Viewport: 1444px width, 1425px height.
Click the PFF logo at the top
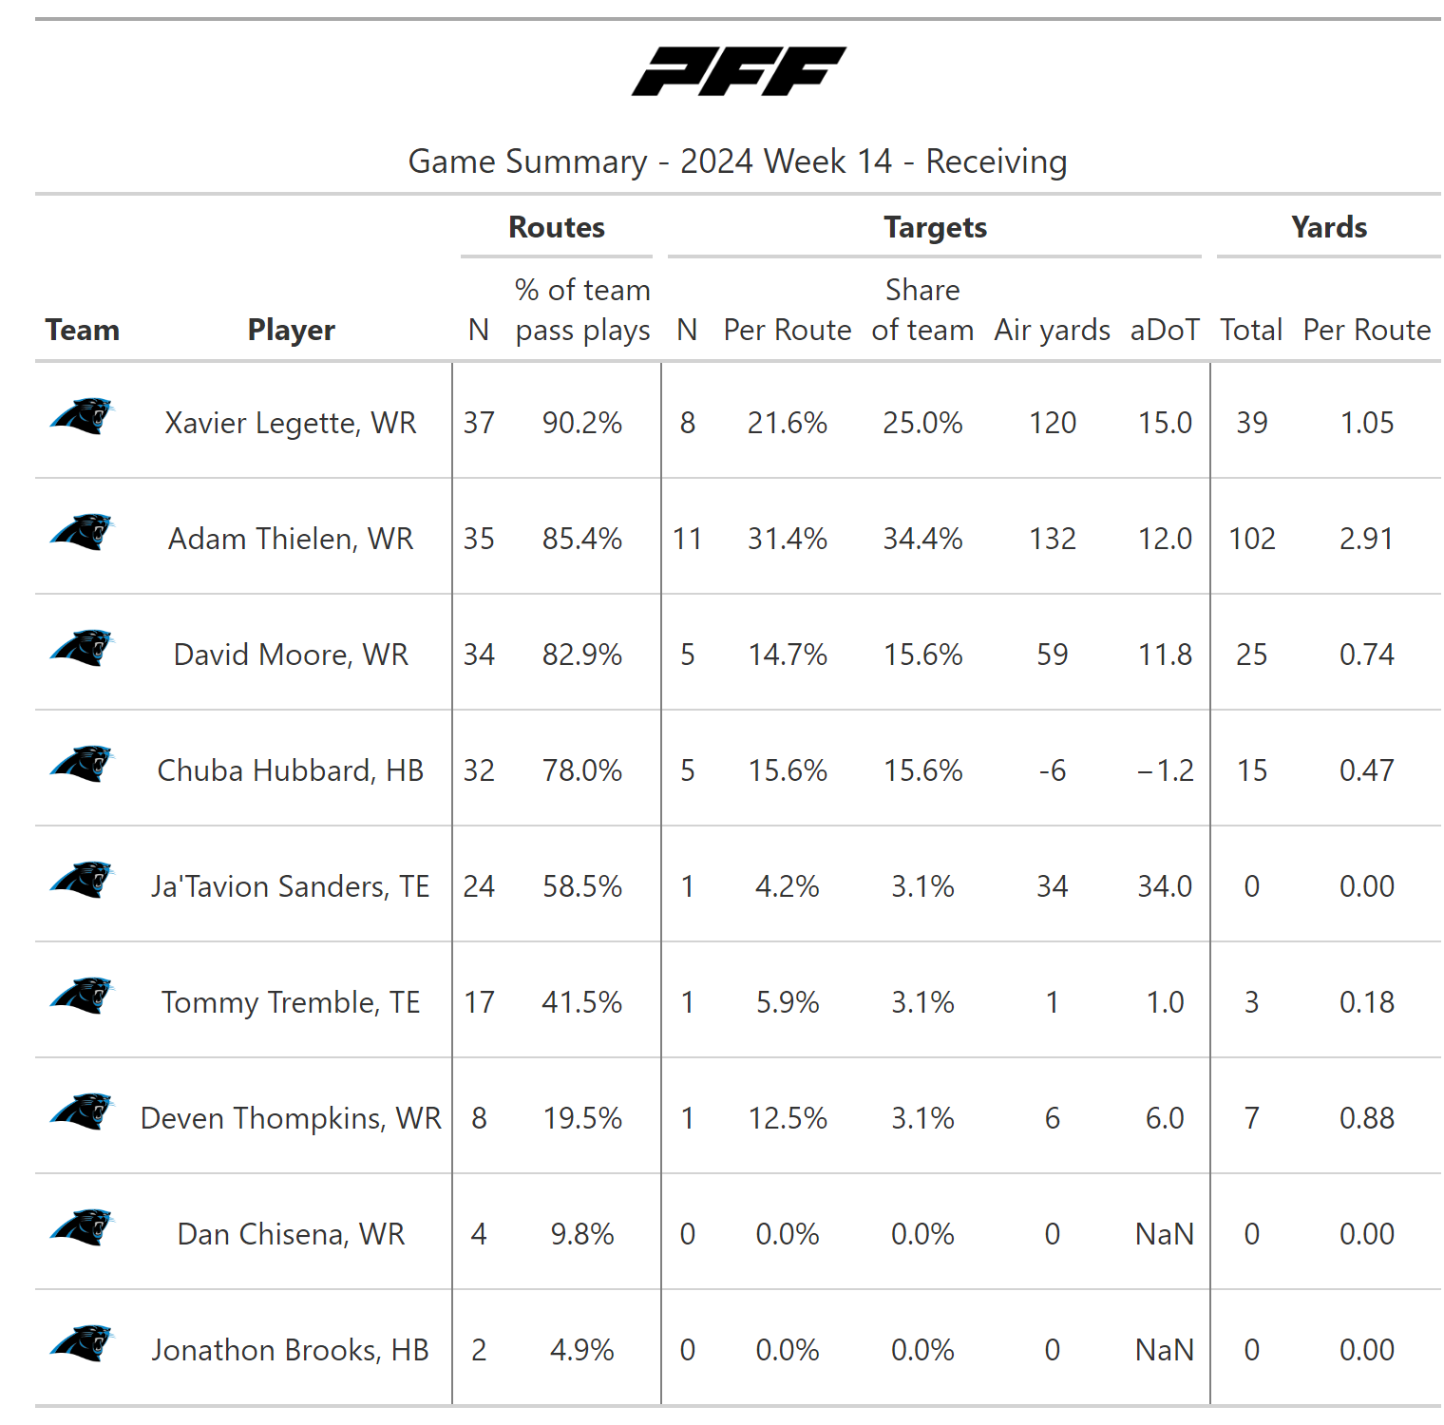(738, 71)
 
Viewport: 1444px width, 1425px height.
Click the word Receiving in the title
(996, 161)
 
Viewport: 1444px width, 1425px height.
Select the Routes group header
(557, 227)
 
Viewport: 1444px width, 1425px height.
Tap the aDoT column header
(1165, 330)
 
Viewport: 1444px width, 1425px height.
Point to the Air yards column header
(1052, 330)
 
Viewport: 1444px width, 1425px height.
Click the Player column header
(291, 330)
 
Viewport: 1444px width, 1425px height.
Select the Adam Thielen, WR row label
(291, 539)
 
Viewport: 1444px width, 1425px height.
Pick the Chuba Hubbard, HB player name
(291, 770)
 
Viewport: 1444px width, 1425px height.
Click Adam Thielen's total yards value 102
(1251, 539)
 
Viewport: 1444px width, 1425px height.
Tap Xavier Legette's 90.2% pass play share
(581, 423)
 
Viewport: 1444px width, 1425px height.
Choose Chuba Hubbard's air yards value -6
(1052, 770)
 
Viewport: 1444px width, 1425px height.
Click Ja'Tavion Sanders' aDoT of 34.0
(1165, 886)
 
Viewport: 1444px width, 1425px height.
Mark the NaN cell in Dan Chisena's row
(1165, 1234)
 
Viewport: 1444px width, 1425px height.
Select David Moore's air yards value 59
(1052, 655)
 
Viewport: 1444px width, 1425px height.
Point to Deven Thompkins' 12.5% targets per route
(787, 1118)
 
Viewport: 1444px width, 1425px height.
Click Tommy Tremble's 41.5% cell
(581, 1002)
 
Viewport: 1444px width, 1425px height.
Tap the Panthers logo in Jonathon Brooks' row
(82, 1343)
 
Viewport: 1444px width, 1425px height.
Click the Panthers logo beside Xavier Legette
(82, 416)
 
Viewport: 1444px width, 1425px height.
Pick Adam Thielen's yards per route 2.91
(1366, 539)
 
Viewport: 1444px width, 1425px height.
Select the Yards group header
(1328, 227)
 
